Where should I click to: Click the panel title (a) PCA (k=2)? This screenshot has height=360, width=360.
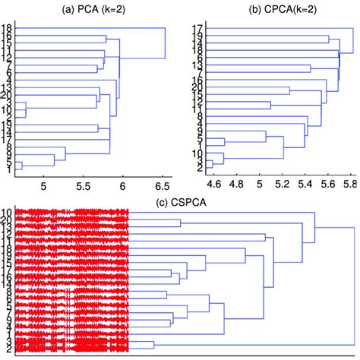[x=90, y=8]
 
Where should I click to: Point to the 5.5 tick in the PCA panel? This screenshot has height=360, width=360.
[x=83, y=185]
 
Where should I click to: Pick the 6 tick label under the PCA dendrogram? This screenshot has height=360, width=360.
[x=122, y=185]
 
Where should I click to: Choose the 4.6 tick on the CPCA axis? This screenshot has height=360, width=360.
[x=213, y=185]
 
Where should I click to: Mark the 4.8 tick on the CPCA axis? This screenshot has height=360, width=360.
[x=237, y=185]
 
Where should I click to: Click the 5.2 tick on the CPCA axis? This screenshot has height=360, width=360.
[x=283, y=185]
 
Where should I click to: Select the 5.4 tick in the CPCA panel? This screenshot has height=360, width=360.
[x=306, y=185]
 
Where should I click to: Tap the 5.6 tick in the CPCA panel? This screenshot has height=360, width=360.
[x=329, y=185]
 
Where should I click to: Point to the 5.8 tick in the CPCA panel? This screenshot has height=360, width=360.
[x=351, y=185]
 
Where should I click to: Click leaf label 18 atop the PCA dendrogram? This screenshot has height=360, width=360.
[x=7, y=29]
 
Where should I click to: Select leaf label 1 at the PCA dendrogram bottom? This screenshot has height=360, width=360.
[x=8, y=170]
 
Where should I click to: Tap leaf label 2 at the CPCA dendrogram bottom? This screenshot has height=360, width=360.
[x=197, y=170]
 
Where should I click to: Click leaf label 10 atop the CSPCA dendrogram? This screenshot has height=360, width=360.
[x=7, y=212]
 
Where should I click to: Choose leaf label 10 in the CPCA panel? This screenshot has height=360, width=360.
[x=196, y=153]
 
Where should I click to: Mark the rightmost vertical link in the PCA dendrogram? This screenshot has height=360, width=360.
[x=165, y=43]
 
